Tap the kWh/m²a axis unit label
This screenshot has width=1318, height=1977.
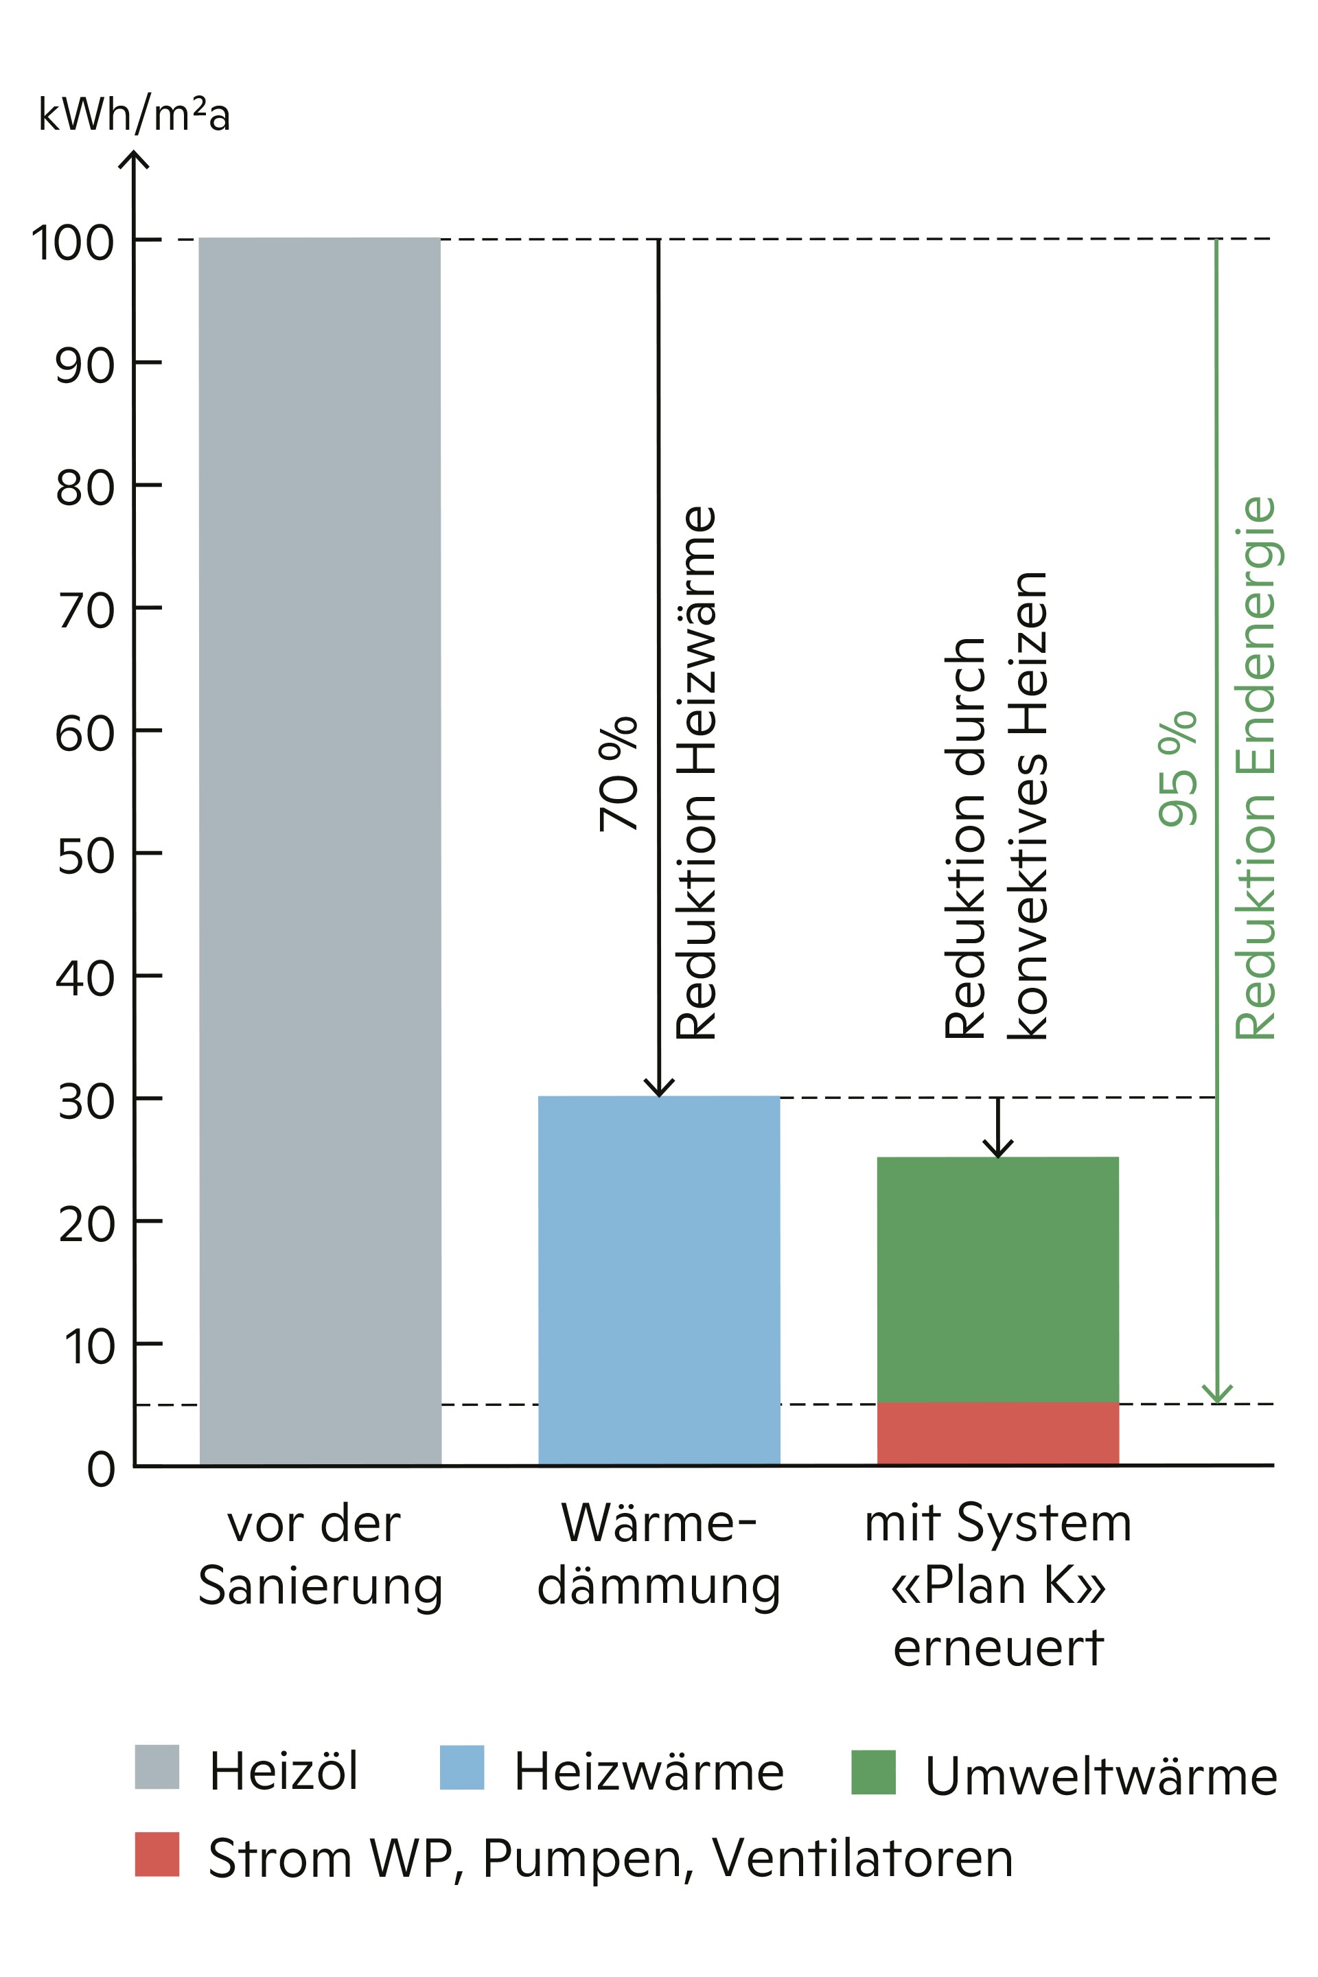point(135,115)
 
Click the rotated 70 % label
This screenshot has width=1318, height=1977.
point(618,774)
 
